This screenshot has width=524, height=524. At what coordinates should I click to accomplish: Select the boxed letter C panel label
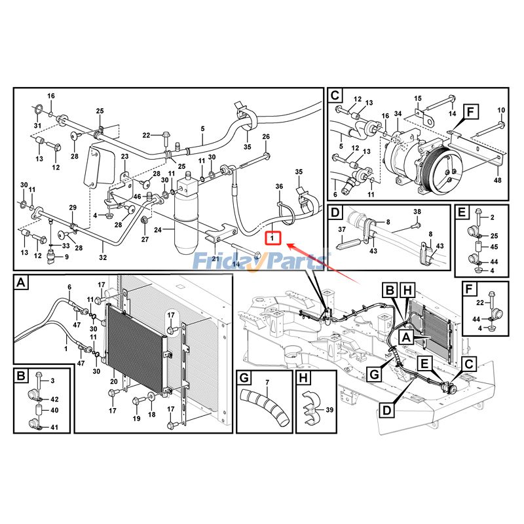pyautogui.click(x=335, y=94)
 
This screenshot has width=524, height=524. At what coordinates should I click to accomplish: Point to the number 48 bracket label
pyautogui.click(x=498, y=180)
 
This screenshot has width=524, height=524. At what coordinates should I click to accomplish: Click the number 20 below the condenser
pyautogui.click(x=114, y=381)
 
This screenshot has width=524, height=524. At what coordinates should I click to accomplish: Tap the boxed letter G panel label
pyautogui.click(x=244, y=378)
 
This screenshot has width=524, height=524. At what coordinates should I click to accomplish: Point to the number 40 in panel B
pyautogui.click(x=54, y=411)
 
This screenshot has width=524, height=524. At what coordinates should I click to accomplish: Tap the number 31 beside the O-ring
pyautogui.click(x=37, y=126)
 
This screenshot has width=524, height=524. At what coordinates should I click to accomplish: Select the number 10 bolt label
pyautogui.click(x=501, y=110)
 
